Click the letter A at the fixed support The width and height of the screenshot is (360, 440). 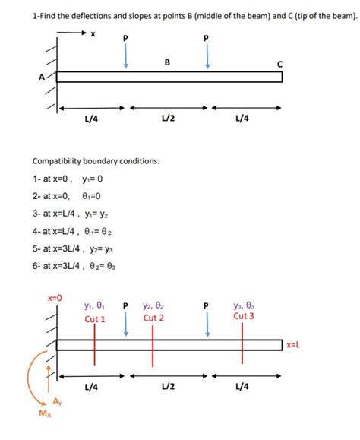pyautogui.click(x=31, y=76)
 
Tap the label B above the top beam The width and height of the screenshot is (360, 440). pyautogui.click(x=167, y=62)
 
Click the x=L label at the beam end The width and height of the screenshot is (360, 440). pyautogui.click(x=294, y=345)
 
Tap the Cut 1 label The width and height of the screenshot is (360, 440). pyautogui.click(x=94, y=319)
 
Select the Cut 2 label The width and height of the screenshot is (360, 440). pyautogui.click(x=153, y=318)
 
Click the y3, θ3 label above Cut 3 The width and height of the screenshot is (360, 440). pyautogui.click(x=244, y=305)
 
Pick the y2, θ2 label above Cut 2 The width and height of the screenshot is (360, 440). pyautogui.click(x=153, y=305)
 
